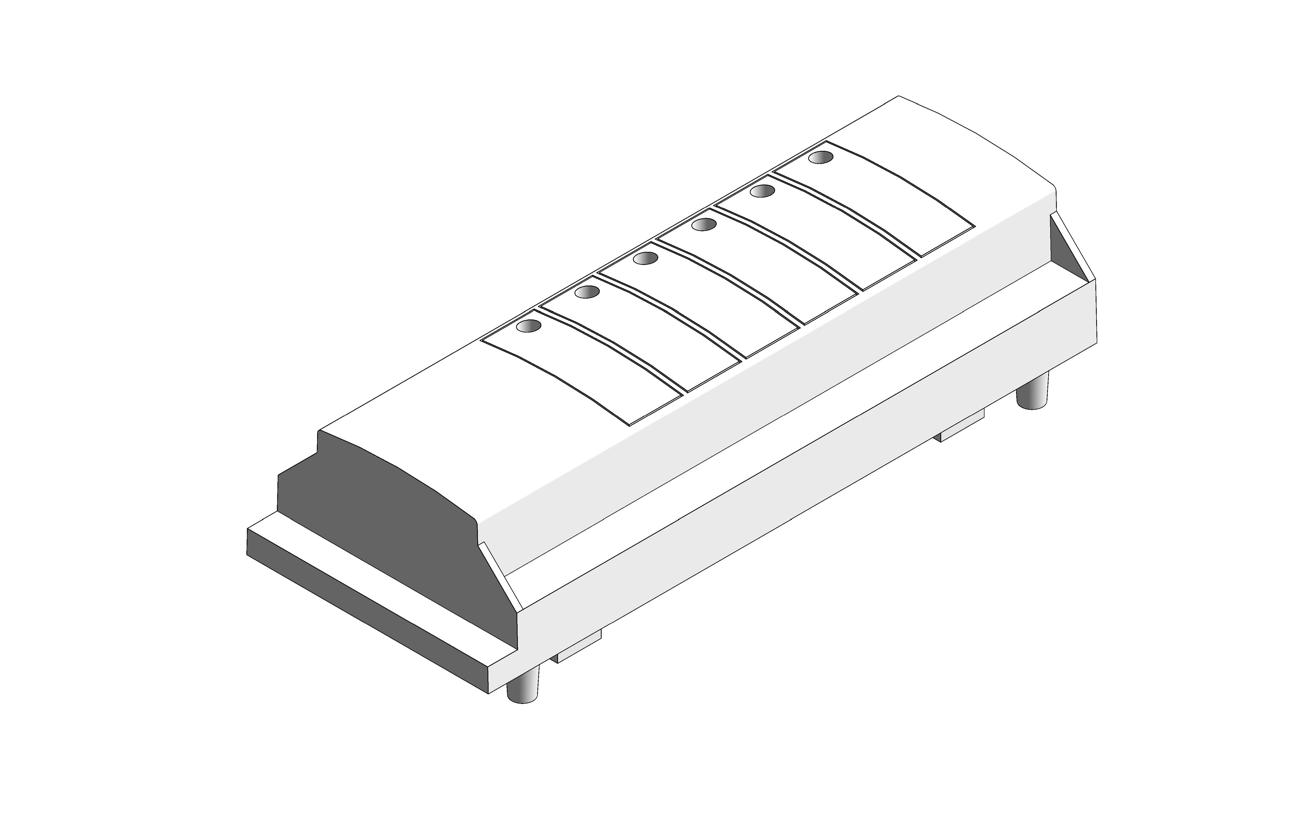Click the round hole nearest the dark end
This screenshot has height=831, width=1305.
[529, 326]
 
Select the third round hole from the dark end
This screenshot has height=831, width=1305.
[645, 259]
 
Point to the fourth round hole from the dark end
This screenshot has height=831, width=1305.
[703, 224]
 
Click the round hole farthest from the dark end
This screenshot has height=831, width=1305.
[821, 157]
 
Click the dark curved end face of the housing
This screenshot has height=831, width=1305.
[379, 515]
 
